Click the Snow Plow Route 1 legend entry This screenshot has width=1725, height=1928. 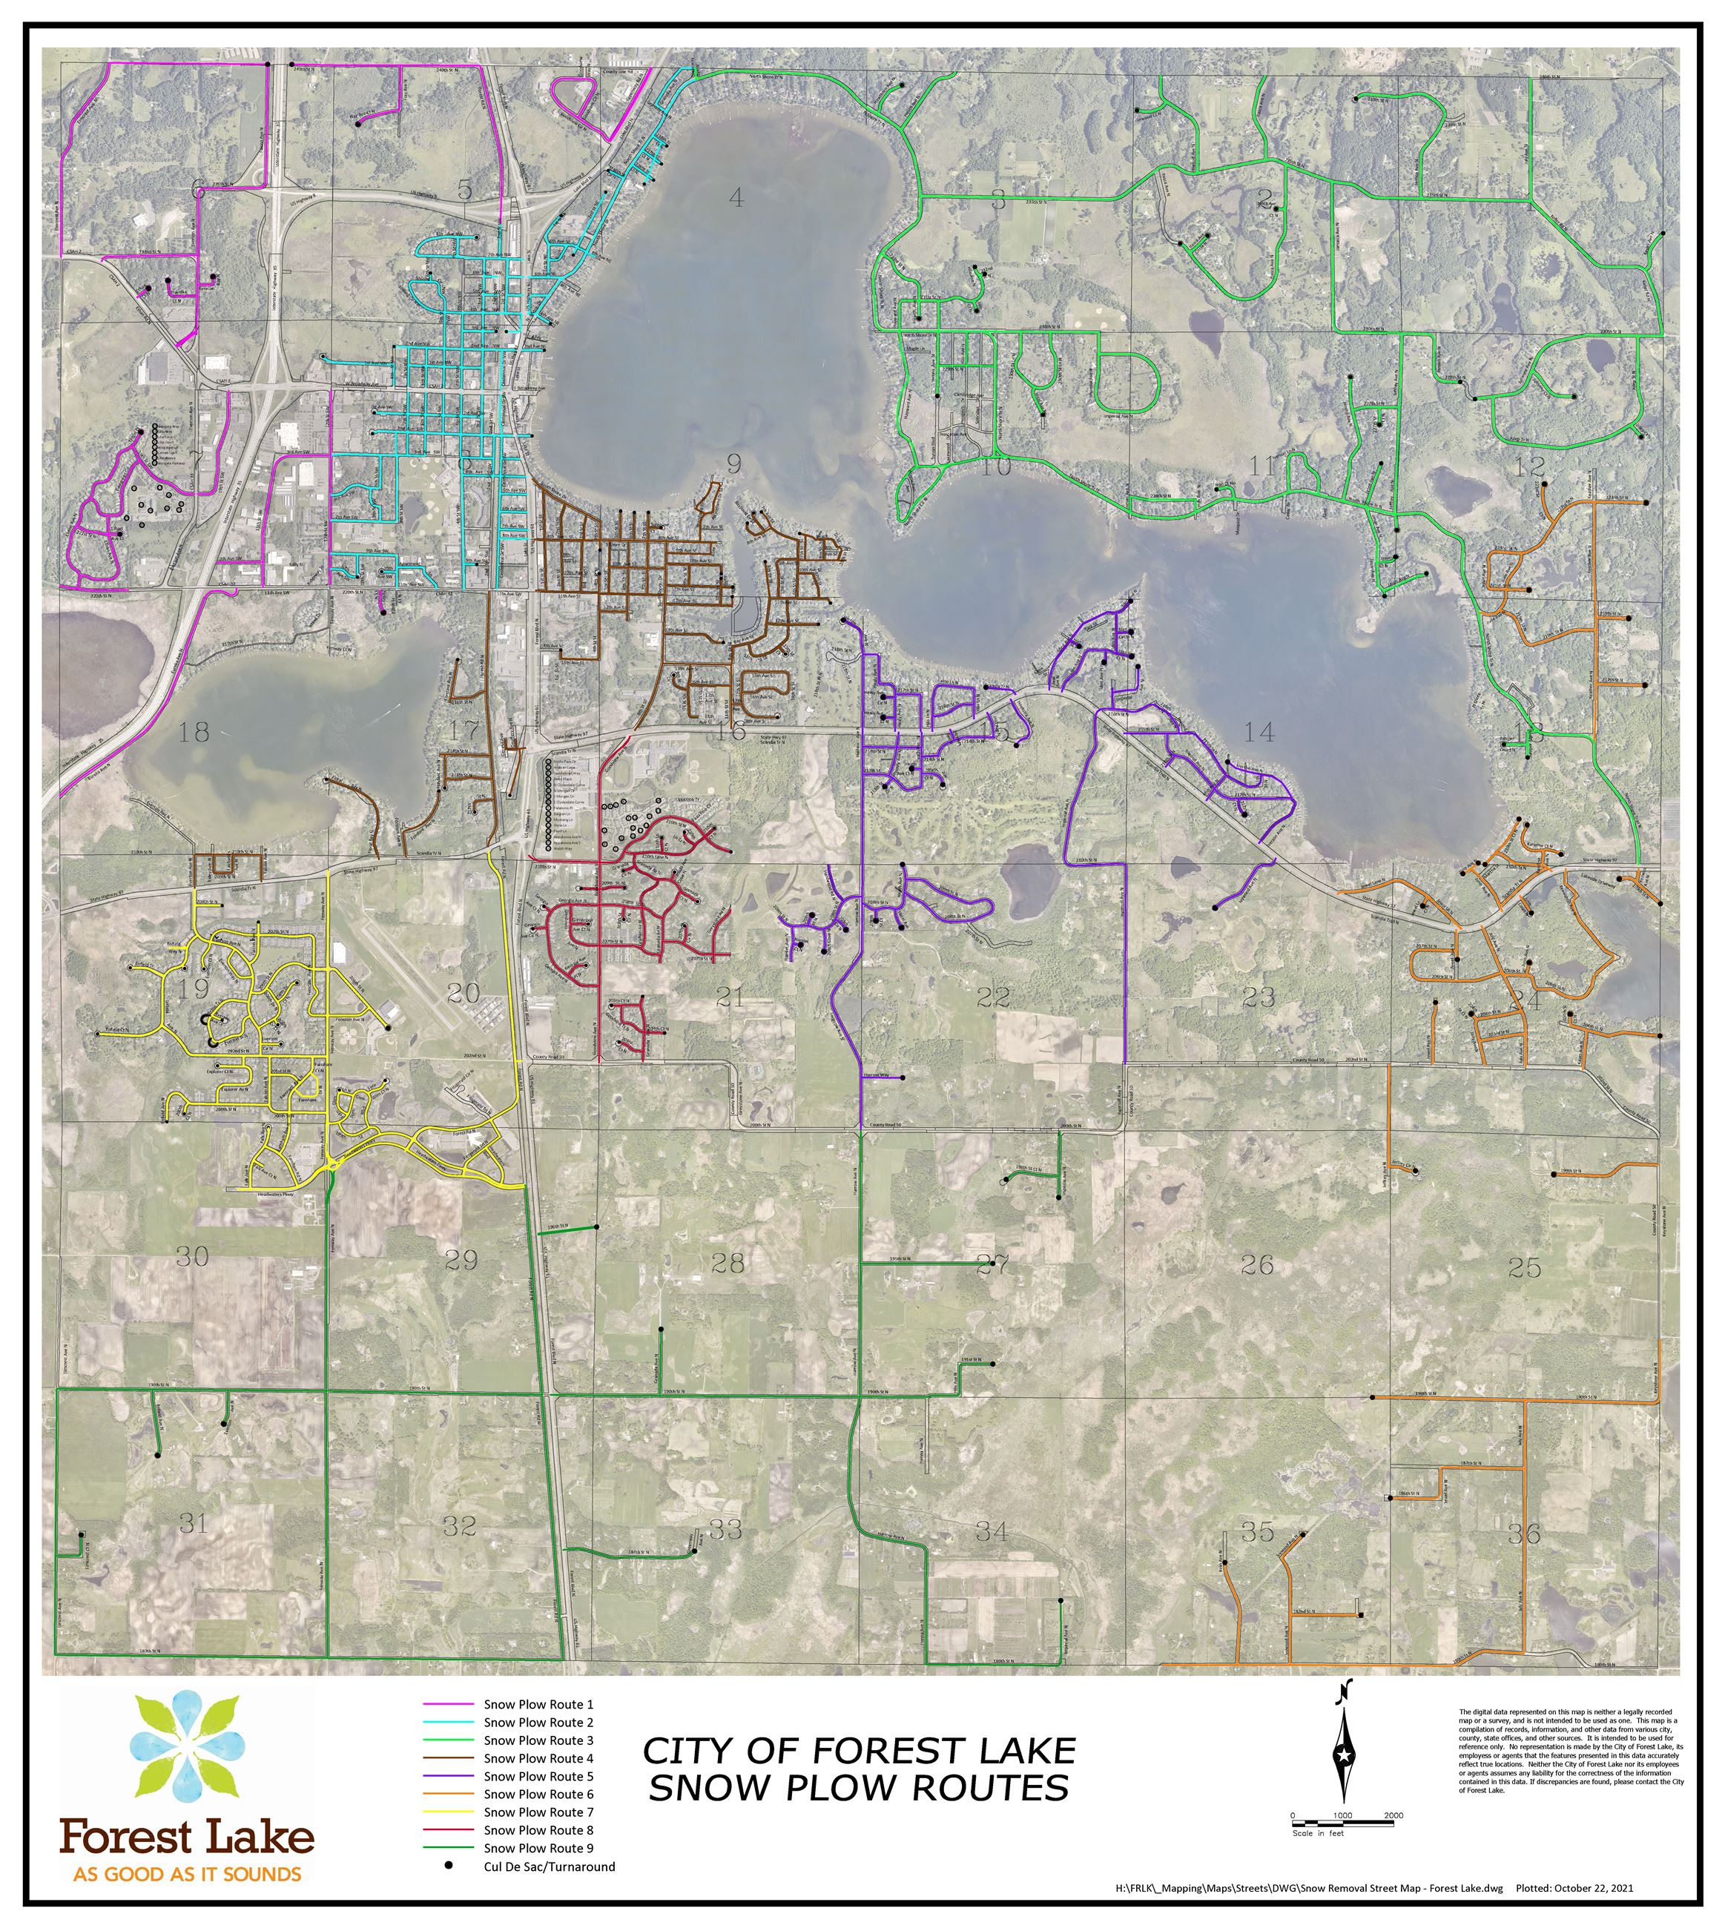pyautogui.click(x=538, y=1704)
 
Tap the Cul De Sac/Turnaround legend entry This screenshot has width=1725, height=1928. pyautogui.click(x=549, y=1866)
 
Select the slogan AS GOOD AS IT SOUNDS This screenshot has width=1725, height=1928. pyautogui.click(x=188, y=1874)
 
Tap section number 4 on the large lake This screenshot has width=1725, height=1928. pyautogui.click(x=736, y=197)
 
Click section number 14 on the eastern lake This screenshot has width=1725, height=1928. pyautogui.click(x=1259, y=731)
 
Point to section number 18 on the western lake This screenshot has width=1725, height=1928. pyautogui.click(x=194, y=731)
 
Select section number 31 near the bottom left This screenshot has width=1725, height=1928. pyautogui.click(x=194, y=1523)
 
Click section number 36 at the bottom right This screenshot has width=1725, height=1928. pyautogui.click(x=1524, y=1534)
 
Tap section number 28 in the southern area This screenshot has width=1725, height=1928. pyautogui.click(x=728, y=1263)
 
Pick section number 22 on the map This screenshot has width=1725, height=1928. pyautogui.click(x=992, y=996)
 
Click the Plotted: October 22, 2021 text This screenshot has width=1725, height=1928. pyautogui.click(x=1574, y=1888)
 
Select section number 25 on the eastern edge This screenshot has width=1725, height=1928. pyautogui.click(x=1524, y=1267)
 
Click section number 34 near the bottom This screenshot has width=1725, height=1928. pyautogui.click(x=992, y=1531)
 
